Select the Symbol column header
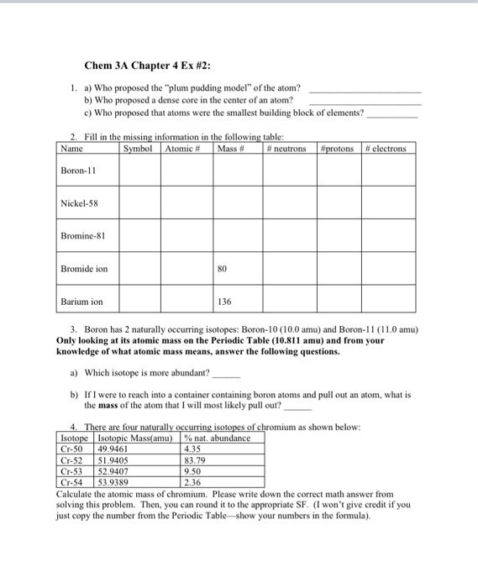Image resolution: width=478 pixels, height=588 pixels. pyautogui.click(x=139, y=149)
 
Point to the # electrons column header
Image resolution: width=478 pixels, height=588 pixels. pyautogui.click(x=386, y=149)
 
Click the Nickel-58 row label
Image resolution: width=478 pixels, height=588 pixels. pyautogui.click(x=81, y=204)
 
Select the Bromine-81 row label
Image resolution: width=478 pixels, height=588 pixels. pyautogui.click(x=83, y=236)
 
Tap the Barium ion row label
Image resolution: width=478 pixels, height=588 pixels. pyautogui.click(x=81, y=301)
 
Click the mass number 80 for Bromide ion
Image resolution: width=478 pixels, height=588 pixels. pyautogui.click(x=223, y=269)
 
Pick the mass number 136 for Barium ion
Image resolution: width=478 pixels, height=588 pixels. pyautogui.click(x=224, y=301)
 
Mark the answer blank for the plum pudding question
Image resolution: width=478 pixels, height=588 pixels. pyautogui.click(x=365, y=90)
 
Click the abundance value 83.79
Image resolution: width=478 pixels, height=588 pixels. pyautogui.click(x=193, y=460)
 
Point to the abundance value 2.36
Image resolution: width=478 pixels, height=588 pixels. pyautogui.click(x=192, y=482)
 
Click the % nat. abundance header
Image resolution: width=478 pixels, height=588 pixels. pyautogui.click(x=216, y=438)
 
